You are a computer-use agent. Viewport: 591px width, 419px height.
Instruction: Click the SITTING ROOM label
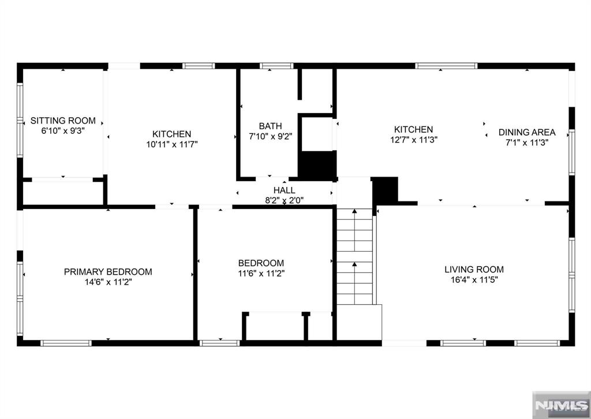pos(63,121)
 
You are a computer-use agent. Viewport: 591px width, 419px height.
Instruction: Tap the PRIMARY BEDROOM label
pos(108,272)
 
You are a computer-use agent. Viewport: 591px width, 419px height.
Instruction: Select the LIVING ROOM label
pos(474,270)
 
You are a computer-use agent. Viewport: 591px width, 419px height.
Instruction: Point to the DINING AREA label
pos(527,132)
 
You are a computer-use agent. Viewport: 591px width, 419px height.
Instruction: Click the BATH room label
pos(270,126)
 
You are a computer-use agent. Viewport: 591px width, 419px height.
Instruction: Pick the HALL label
pos(284,190)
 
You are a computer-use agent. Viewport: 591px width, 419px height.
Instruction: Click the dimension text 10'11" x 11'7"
pos(172,144)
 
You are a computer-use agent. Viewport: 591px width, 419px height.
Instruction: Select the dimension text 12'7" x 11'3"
pos(413,140)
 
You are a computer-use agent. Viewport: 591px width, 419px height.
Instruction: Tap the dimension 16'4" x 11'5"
pos(474,279)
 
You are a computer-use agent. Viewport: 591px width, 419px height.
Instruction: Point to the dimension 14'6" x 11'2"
pos(108,282)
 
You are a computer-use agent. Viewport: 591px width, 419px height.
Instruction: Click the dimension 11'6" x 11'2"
pos(261,273)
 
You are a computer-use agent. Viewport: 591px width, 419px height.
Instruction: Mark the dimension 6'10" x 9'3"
pos(63,131)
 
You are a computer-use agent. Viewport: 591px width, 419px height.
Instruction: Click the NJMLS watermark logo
pos(561,405)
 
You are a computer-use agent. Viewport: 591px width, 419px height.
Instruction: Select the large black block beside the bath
pos(317,166)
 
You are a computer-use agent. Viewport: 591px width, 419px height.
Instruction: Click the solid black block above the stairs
pos(385,190)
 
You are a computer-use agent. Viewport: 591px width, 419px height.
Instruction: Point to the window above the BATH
pos(276,66)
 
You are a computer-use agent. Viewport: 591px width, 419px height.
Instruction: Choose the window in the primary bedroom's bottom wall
pos(66,343)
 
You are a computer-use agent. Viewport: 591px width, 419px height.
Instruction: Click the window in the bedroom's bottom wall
pos(220,343)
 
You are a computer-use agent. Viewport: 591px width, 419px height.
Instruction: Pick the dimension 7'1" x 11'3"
pos(527,143)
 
